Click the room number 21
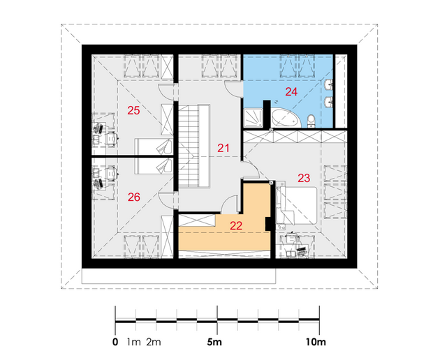(x=223, y=148)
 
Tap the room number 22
(x=236, y=225)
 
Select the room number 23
(x=304, y=178)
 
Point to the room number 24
(x=291, y=91)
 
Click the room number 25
(x=133, y=110)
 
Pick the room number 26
(x=134, y=197)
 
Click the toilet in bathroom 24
(x=311, y=121)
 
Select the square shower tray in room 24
(x=254, y=118)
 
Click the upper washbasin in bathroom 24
(x=329, y=84)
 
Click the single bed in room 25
(x=154, y=147)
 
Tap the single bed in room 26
(x=154, y=166)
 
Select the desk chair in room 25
(x=112, y=138)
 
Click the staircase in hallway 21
(x=194, y=146)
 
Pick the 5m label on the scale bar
(x=214, y=343)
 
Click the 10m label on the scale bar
(x=316, y=343)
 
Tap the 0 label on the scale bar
(x=115, y=343)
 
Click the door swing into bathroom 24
(x=234, y=89)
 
